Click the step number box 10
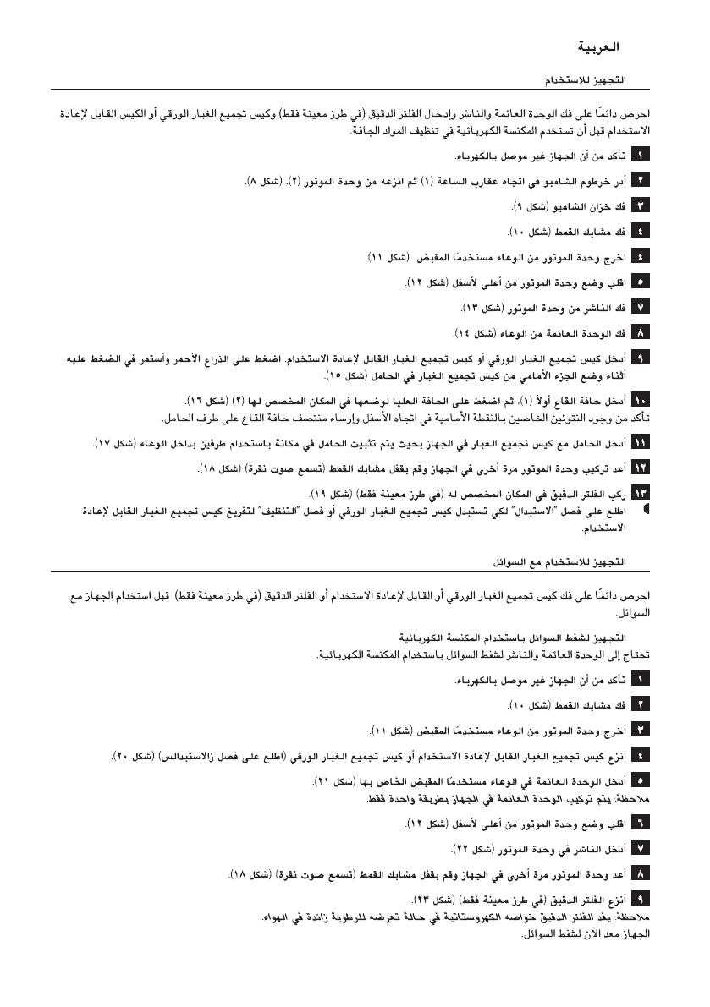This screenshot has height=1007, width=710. click(641, 399)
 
